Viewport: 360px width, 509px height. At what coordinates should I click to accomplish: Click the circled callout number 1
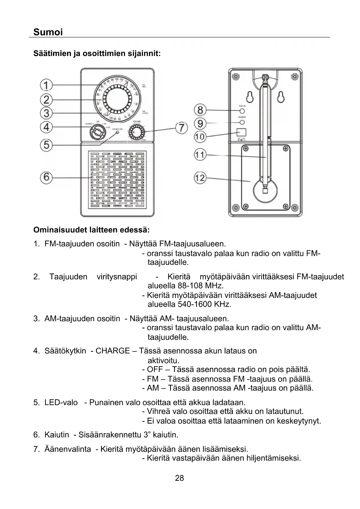(x=46, y=85)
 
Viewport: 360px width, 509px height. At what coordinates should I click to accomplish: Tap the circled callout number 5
(x=46, y=145)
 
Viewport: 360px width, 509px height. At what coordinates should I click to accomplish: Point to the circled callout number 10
(x=200, y=136)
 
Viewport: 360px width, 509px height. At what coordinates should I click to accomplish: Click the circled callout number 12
(x=200, y=177)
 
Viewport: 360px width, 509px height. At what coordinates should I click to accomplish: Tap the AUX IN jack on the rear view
(x=242, y=111)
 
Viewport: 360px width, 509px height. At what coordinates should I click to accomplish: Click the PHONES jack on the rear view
(x=242, y=122)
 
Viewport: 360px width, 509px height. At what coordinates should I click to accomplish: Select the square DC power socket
(x=241, y=132)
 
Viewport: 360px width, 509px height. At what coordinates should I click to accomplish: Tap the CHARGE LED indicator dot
(x=117, y=133)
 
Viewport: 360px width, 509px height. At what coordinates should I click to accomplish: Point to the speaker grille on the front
(x=117, y=181)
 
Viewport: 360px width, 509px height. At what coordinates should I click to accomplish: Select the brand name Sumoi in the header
(x=48, y=32)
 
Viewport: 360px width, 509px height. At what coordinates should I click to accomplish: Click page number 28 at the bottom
(x=179, y=478)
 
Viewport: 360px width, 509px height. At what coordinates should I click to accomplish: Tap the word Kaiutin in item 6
(x=57, y=435)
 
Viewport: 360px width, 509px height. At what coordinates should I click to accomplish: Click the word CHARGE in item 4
(x=113, y=351)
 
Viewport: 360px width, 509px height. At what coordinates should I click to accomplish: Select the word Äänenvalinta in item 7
(x=68, y=449)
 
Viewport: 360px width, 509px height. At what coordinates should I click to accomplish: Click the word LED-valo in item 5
(x=61, y=402)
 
